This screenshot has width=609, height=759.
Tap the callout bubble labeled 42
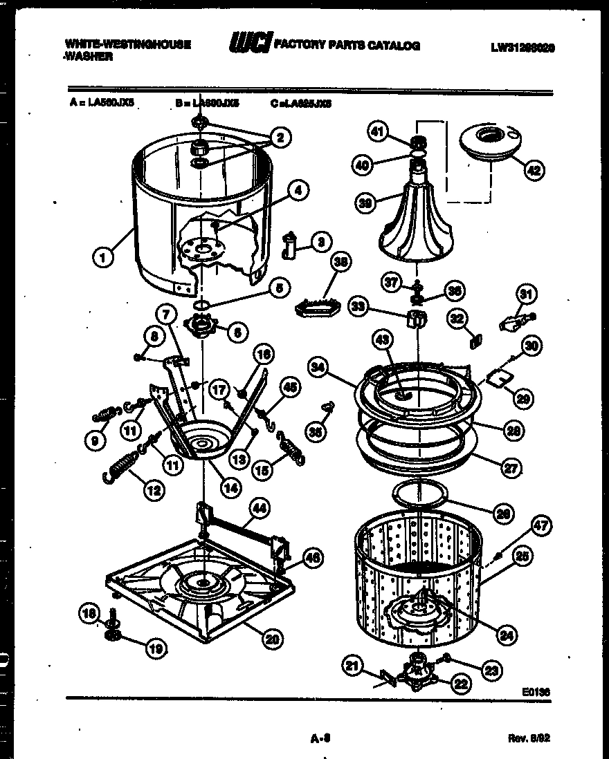click(533, 169)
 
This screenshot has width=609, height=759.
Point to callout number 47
click(540, 526)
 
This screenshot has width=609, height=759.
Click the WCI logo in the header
click(250, 44)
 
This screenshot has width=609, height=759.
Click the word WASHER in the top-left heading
click(89, 57)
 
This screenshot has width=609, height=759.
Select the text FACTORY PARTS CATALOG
click(347, 46)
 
